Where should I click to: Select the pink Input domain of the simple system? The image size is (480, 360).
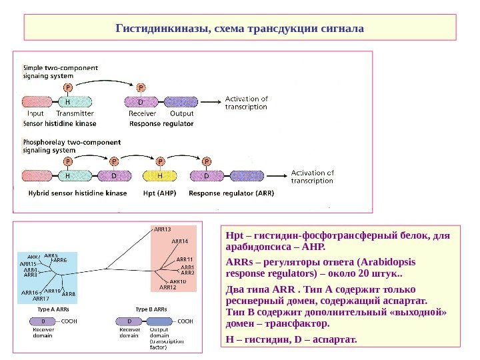pyautogui.click(x=39, y=103)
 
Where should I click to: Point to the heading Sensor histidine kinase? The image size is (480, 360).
pyautogui.click(x=59, y=123)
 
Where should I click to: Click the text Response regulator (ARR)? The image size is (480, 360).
pyautogui.click(x=231, y=193)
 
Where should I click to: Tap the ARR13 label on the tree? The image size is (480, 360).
pyautogui.click(x=163, y=229)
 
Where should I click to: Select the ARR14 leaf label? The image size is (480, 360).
pyautogui.click(x=180, y=241)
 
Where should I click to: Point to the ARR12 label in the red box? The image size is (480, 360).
pyautogui.click(x=168, y=287)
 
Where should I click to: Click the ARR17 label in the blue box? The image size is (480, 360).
pyautogui.click(x=41, y=298)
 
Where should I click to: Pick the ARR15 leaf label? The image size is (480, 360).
pyautogui.click(x=29, y=264)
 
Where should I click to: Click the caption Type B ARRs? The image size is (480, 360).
pyautogui.click(x=151, y=309)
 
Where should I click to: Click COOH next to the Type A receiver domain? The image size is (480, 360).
pyautogui.click(x=69, y=321)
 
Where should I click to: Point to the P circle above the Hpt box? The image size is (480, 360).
pyautogui.click(x=160, y=161)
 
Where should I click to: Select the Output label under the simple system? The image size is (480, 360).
pyautogui.click(x=177, y=113)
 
